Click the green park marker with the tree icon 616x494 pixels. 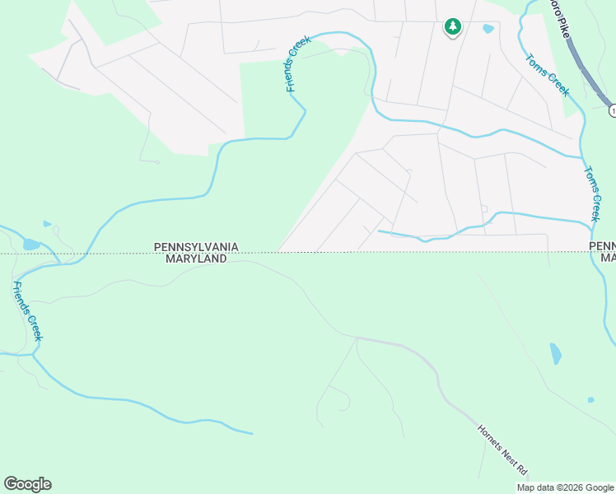click(x=452, y=27)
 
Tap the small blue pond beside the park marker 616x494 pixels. click(x=488, y=29)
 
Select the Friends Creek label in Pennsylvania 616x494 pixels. click(x=298, y=63)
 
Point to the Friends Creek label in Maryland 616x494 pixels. click(x=27, y=311)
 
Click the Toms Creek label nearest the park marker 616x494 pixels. click(x=546, y=74)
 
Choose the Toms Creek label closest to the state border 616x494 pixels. click(x=591, y=194)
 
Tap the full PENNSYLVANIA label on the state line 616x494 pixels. click(x=196, y=247)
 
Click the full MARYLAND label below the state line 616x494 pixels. click(x=196, y=259)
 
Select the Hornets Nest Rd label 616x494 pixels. click(x=502, y=449)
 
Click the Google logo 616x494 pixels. click(x=27, y=484)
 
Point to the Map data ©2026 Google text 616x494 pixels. click(x=566, y=487)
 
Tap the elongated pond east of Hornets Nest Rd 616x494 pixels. click(x=555, y=353)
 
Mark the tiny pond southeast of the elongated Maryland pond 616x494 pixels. click(x=590, y=400)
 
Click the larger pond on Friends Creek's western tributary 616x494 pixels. click(x=31, y=244)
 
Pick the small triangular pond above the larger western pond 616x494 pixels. click(x=47, y=223)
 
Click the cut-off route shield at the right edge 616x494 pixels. click(x=612, y=110)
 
